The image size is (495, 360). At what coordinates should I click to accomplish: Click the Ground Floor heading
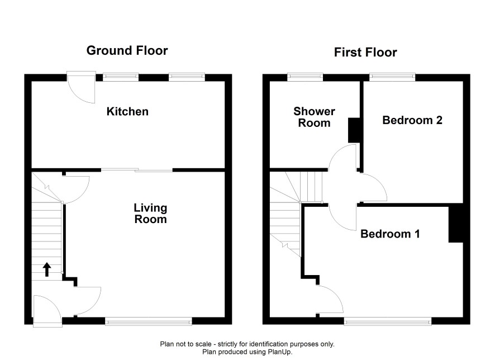click(127, 50)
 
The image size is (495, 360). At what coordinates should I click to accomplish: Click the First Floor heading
click(365, 53)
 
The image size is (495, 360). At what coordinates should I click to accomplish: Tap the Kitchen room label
click(127, 111)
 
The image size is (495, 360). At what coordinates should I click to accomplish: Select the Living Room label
click(150, 214)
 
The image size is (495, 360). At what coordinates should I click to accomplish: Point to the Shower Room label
click(314, 117)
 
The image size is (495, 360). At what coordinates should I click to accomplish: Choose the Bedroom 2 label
click(412, 120)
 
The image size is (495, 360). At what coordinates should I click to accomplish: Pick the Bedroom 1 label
click(390, 234)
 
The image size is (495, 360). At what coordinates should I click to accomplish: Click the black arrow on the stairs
click(47, 269)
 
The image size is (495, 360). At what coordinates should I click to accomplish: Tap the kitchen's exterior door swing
click(82, 87)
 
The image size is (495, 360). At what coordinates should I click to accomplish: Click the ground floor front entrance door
click(47, 311)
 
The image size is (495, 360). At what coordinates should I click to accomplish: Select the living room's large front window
click(149, 321)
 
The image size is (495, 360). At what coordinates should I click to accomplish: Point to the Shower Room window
click(305, 77)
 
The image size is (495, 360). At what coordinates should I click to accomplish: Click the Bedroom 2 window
click(392, 77)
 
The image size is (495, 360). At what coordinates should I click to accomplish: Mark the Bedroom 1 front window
click(387, 321)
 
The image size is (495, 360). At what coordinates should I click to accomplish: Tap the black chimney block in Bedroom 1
click(455, 225)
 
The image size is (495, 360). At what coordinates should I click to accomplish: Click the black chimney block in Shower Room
click(354, 130)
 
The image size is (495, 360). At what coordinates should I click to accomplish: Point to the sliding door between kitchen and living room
click(137, 170)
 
